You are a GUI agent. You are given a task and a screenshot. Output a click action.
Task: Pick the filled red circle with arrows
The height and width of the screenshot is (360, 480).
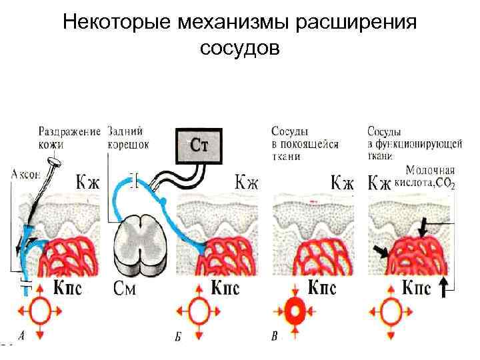[x=295, y=311]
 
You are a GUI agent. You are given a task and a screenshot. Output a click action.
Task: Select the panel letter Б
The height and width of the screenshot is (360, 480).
[x=178, y=338]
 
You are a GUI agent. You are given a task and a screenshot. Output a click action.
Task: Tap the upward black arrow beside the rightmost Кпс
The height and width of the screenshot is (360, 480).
[x=445, y=289]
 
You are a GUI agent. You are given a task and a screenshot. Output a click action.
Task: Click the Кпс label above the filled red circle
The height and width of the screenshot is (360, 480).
[x=323, y=288]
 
